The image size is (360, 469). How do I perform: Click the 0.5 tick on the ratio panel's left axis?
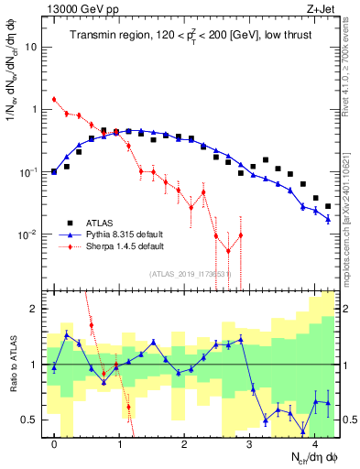[x=33, y=420]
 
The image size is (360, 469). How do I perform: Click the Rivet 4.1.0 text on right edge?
[x=352, y=64]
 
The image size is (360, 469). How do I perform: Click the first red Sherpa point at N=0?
[x=54, y=99]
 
